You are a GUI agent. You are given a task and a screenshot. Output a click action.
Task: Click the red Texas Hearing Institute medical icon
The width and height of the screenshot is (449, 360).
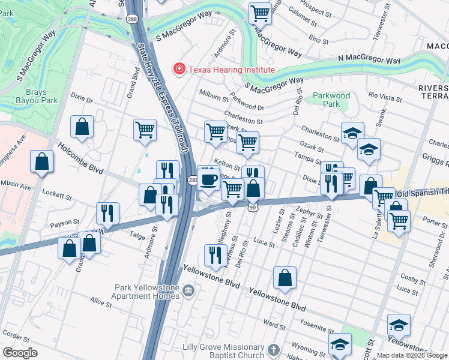click(x=179, y=70)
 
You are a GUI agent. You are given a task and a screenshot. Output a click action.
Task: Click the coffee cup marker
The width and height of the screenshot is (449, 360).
click(x=208, y=179)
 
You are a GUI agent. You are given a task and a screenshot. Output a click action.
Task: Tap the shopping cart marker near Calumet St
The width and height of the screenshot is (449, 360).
click(x=260, y=12)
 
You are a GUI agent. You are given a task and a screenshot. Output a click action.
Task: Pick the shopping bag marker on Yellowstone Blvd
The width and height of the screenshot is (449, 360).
click(x=285, y=277)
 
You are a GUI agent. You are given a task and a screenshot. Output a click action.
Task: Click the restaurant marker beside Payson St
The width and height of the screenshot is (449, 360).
click(x=107, y=212)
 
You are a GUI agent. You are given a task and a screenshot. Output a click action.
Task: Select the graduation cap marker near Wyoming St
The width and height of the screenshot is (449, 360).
click(x=340, y=344)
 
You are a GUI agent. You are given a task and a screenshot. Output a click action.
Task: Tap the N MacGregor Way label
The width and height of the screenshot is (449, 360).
click(x=369, y=61)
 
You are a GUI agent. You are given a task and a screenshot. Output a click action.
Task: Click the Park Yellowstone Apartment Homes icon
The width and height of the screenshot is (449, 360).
click(x=189, y=292)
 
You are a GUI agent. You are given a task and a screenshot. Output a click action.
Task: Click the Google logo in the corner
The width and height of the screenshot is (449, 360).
click(x=20, y=353)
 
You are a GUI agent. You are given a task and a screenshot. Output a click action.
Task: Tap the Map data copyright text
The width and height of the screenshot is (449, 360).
click(x=412, y=355)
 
